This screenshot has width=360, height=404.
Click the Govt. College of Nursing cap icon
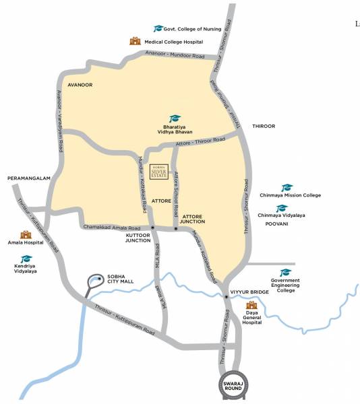coord(158,28)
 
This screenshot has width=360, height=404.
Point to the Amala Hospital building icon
coord(26,234)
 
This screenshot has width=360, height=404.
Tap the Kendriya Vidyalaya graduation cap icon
coord(26,259)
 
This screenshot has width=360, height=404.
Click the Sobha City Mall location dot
coord(100,278)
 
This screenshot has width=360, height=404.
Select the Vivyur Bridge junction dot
coord(225,296)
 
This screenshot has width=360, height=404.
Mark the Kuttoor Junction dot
coord(153,228)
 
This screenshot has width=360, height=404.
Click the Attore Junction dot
coord(176,229)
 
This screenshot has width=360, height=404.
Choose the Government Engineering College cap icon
coord(285,272)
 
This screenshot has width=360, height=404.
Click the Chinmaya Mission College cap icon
coord(287,188)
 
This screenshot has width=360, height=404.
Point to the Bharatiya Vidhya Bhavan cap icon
coord(175,119)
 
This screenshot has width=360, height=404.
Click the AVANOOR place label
coord(80,85)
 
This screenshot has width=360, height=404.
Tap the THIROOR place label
coord(264,126)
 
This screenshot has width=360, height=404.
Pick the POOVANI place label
coord(276,223)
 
